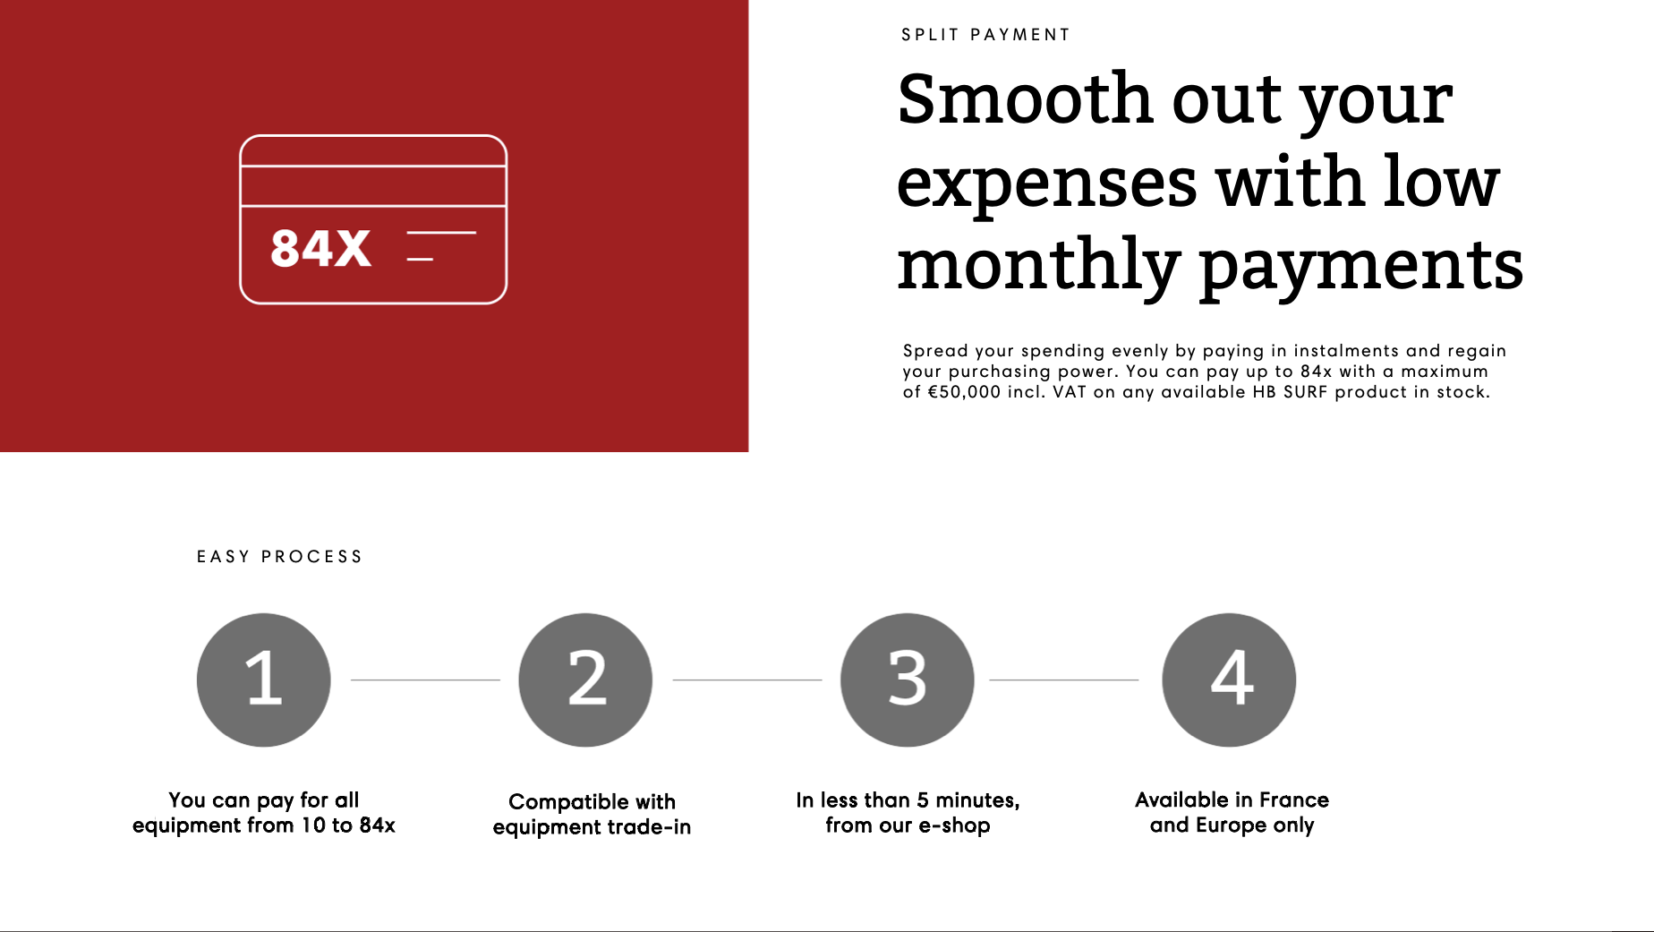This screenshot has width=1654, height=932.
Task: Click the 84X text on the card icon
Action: click(x=320, y=248)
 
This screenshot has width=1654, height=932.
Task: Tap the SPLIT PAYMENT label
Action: click(x=985, y=35)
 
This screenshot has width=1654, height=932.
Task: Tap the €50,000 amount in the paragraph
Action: click(x=964, y=392)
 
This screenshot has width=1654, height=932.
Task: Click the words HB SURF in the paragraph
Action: click(x=1290, y=392)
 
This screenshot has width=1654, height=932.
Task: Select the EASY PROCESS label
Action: click(x=279, y=557)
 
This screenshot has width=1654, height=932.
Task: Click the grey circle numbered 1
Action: click(x=264, y=680)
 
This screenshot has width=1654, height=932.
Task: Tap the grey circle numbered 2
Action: click(x=585, y=680)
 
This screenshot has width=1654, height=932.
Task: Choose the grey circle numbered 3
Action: click(x=908, y=680)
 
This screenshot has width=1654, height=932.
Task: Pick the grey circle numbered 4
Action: click(x=1229, y=680)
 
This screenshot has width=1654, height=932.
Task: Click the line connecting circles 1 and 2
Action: click(x=425, y=680)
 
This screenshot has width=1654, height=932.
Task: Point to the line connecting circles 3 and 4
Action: click(x=1063, y=680)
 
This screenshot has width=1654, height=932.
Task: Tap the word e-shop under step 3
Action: click(x=954, y=825)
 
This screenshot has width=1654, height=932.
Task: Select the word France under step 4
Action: click(x=1294, y=799)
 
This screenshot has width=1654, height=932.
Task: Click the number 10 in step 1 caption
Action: click(x=313, y=825)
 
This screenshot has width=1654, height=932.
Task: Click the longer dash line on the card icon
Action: click(x=441, y=233)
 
